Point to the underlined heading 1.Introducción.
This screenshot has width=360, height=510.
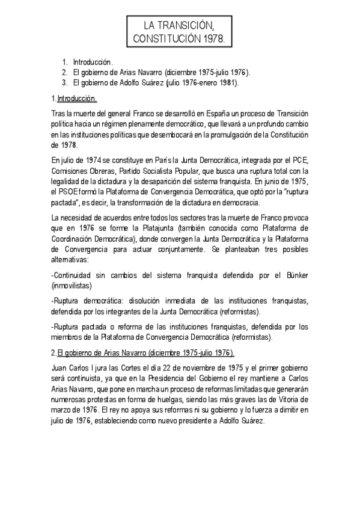75,98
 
